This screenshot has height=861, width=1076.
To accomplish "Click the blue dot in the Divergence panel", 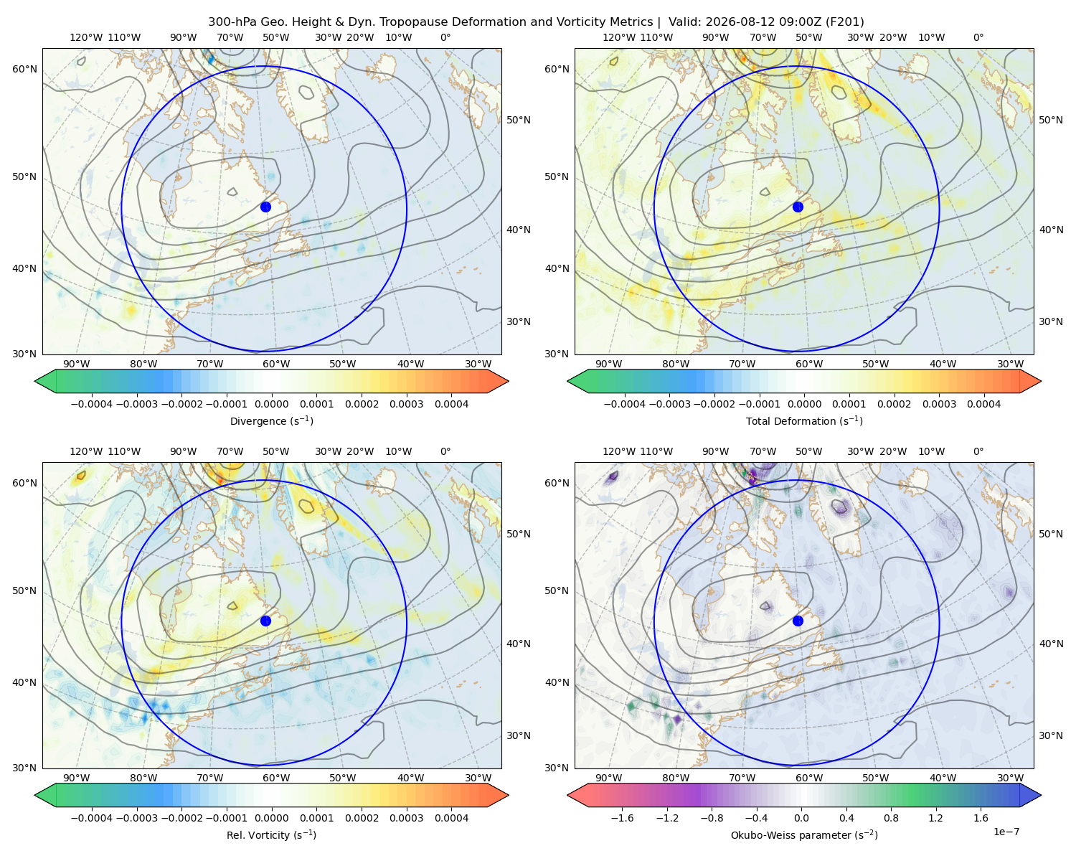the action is pyautogui.click(x=265, y=207).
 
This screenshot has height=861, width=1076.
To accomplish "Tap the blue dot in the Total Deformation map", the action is pyautogui.click(x=798, y=207).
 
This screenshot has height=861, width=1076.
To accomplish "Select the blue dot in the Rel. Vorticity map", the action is pyautogui.click(x=265, y=621).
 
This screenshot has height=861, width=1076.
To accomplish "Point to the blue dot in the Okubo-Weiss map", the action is pyautogui.click(x=798, y=621).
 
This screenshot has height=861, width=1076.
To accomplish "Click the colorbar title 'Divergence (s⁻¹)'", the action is pyautogui.click(x=271, y=420).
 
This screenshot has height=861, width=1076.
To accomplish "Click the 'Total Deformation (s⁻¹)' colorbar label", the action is pyautogui.click(x=804, y=420).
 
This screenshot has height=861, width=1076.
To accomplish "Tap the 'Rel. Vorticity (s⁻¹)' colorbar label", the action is pyautogui.click(x=271, y=834).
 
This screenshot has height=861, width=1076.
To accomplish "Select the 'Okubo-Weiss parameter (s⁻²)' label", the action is pyautogui.click(x=804, y=834).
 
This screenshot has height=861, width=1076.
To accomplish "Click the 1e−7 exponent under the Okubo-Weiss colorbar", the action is pyautogui.click(x=1006, y=832).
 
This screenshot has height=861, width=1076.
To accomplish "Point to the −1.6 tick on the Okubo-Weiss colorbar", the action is pyautogui.click(x=622, y=818).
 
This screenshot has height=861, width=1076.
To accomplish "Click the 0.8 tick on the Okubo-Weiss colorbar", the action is pyautogui.click(x=891, y=818).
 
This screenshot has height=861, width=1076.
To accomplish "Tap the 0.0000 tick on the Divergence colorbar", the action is pyautogui.click(x=271, y=404).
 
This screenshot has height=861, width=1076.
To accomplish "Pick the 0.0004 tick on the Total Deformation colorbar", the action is pyautogui.click(x=983, y=404).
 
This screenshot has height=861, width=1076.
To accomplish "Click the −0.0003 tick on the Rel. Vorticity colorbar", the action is pyautogui.click(x=136, y=818).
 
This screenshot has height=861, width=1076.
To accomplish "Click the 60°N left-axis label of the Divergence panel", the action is pyautogui.click(x=24, y=69).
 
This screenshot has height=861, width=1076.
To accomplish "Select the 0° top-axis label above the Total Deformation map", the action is pyautogui.click(x=978, y=37).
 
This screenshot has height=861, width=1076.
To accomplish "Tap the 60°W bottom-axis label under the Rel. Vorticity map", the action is pyautogui.click(x=276, y=778).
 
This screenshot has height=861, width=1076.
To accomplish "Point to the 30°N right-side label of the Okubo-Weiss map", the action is pyautogui.click(x=1051, y=735).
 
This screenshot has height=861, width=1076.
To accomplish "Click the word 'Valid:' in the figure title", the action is pyautogui.click(x=684, y=22).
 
